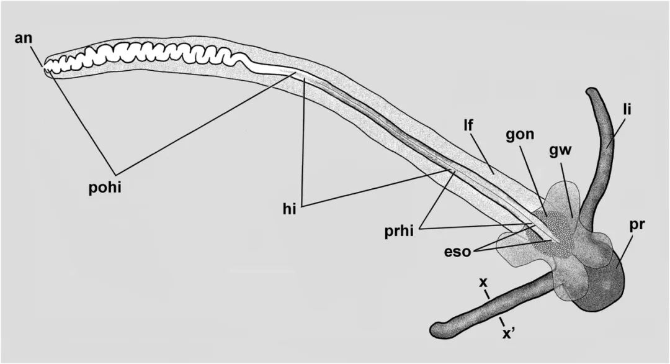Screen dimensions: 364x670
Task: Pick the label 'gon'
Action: [x=519, y=135]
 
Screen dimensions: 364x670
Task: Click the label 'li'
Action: [x=628, y=110]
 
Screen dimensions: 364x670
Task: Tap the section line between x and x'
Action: [x=494, y=309]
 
